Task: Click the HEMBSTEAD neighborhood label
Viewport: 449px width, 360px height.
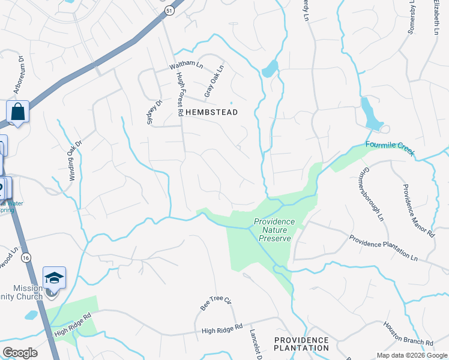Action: pos(211,112)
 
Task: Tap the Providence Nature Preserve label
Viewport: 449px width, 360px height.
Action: pos(274,230)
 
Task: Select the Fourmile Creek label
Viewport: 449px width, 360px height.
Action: pos(391,148)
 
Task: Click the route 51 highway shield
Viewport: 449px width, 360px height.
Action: pos(170,10)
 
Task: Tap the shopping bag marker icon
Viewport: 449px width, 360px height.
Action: pos(17,112)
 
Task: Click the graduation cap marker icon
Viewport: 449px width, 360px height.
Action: pos(54,278)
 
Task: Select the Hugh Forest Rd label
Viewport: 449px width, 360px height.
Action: pos(179,94)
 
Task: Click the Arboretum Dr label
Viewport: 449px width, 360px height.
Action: pos(18,75)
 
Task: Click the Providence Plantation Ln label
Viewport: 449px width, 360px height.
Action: pos(383,248)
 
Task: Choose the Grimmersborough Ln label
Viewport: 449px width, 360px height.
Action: pos(372,192)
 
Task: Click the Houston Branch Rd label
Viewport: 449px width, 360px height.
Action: pos(409,334)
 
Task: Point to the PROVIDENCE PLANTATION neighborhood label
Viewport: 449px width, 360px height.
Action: pos(301,344)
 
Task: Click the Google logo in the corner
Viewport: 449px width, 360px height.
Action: pos(20,352)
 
